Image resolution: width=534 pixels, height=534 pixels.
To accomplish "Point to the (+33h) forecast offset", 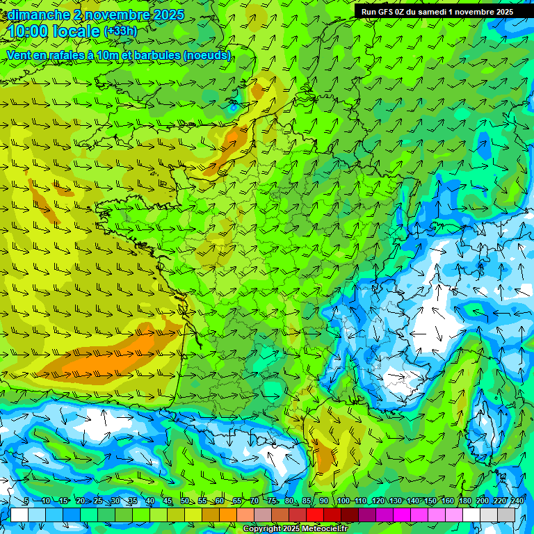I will click(120, 31).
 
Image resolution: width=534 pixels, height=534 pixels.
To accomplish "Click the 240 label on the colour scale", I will click(516, 501).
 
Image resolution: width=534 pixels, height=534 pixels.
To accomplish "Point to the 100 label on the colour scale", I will click(343, 501).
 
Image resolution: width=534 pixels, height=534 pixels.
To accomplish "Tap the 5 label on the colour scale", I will click(26, 501).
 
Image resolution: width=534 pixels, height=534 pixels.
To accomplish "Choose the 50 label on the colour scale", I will click(184, 501).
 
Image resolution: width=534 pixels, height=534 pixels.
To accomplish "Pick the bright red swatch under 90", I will click(315, 515).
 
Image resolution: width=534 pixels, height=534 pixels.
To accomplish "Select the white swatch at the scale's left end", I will click(19, 515).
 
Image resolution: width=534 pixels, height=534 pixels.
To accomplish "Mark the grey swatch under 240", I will click(507, 515).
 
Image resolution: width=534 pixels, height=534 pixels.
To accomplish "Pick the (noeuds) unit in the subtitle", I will click(207, 55).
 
